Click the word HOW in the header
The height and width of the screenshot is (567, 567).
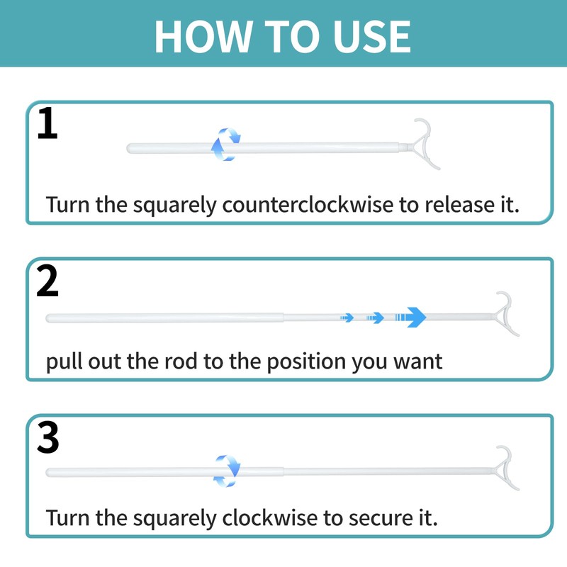point(203,37)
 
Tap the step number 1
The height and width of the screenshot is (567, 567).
point(47,123)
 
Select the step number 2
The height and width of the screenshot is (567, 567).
point(47,281)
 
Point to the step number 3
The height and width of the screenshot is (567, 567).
point(47,437)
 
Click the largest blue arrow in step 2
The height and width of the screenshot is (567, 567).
point(410,318)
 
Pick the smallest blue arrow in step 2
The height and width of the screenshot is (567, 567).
point(347,318)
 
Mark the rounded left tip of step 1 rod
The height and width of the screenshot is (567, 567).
point(129,148)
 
